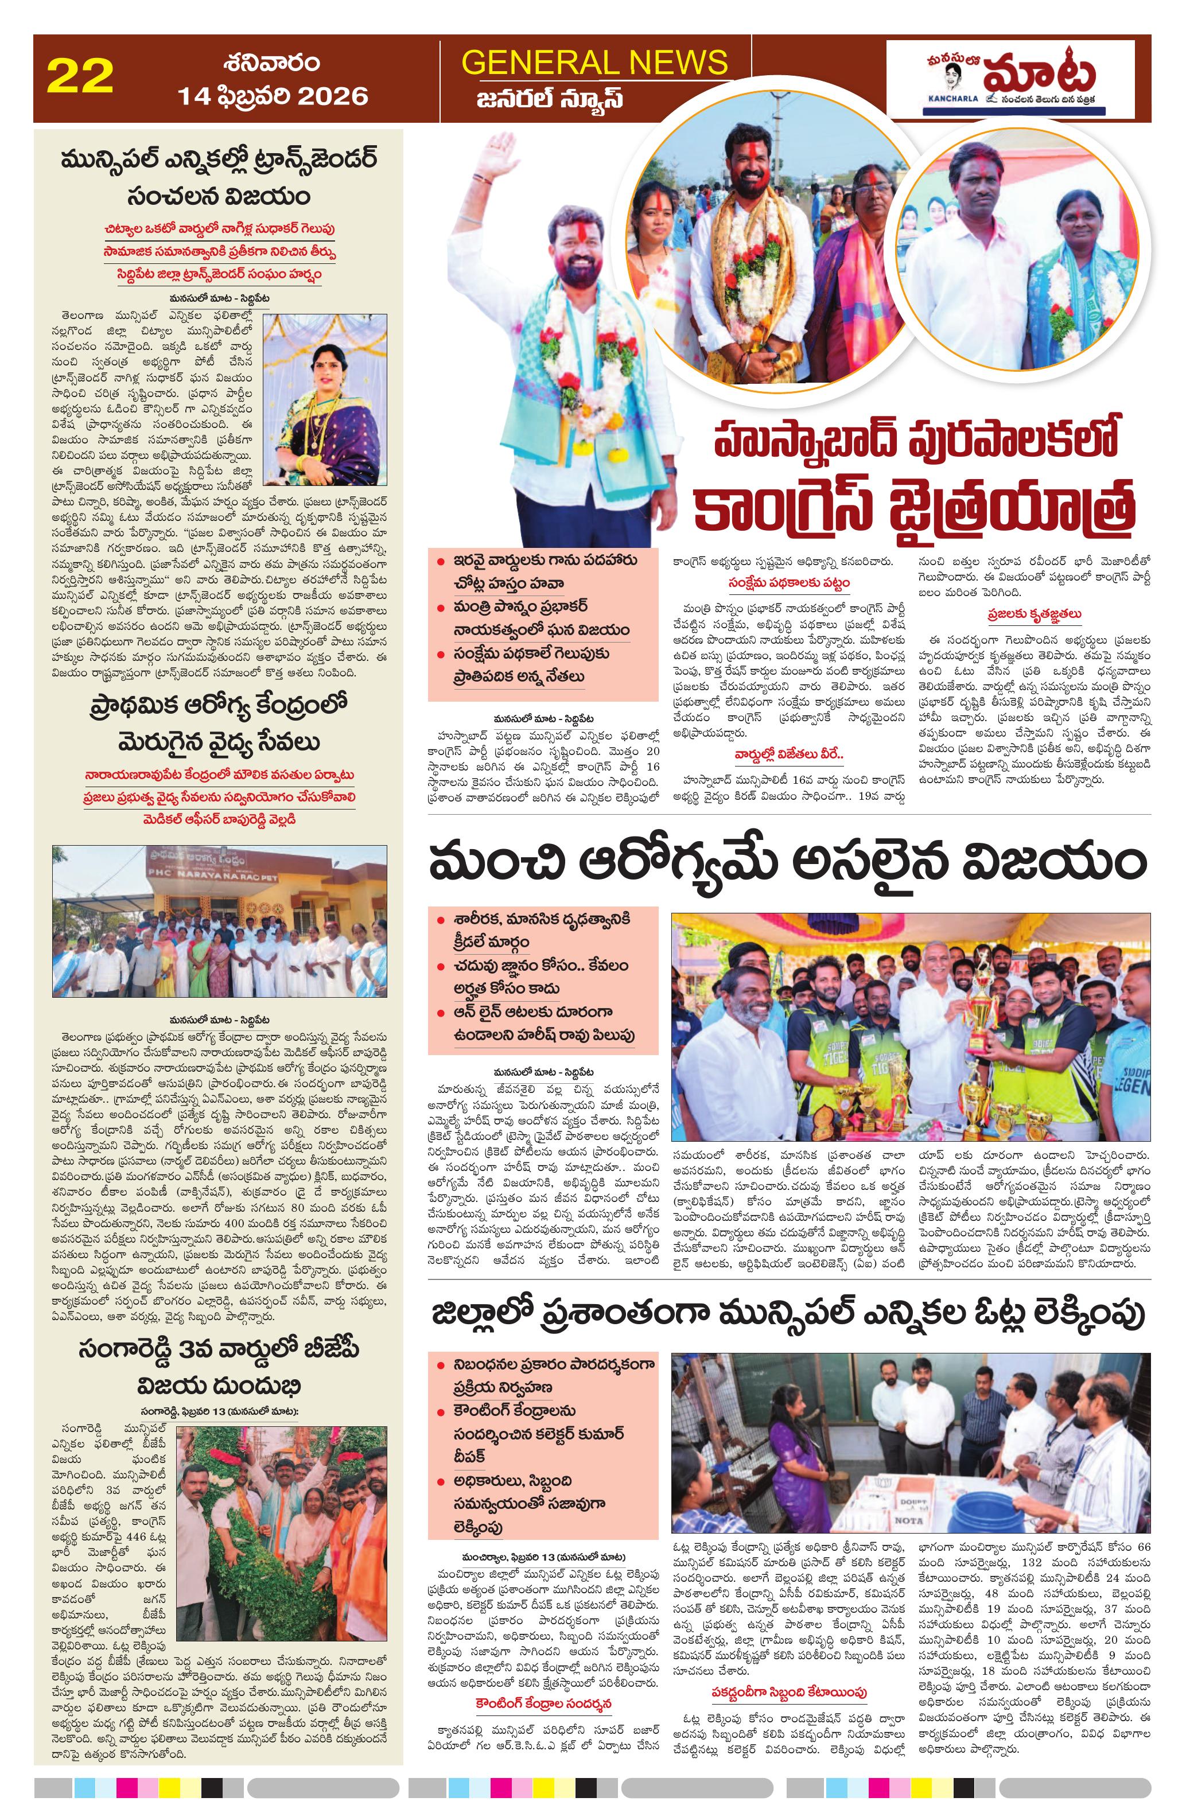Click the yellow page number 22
(80, 77)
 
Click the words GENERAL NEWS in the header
(594, 63)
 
